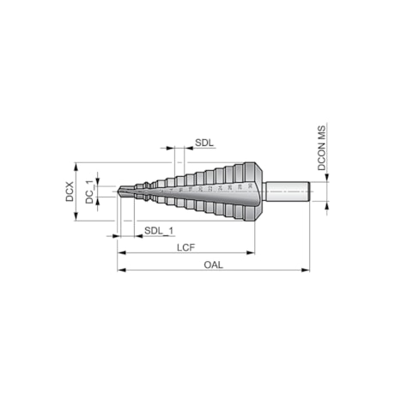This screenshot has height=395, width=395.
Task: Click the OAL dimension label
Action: coord(214,264)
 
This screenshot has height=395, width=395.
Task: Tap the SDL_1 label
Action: coord(159,230)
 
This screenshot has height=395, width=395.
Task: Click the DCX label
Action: coord(70,191)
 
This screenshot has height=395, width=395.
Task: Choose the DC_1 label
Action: coord(88,191)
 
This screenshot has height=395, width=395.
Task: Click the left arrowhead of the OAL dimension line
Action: coord(120,270)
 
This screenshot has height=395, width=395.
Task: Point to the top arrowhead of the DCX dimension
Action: coord(77,165)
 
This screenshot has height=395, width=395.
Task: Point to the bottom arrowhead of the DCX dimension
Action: coord(77,217)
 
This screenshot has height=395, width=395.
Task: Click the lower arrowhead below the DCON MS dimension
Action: coord(327,206)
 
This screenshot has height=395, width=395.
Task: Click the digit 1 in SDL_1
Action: coord(171,230)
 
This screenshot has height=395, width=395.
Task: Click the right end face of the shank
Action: coord(307,191)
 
